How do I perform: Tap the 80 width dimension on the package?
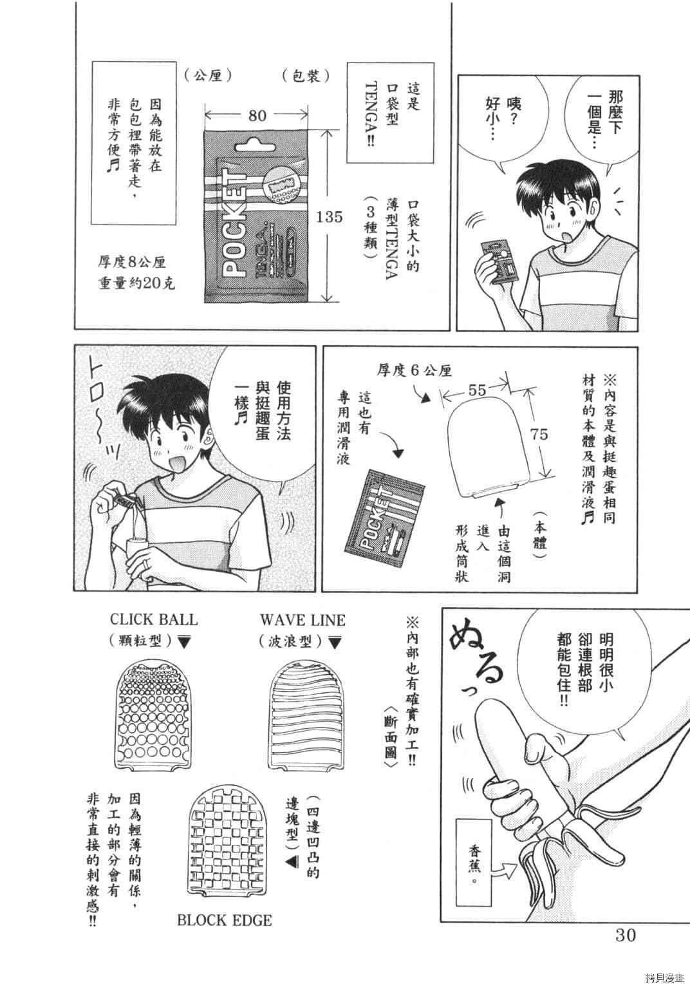(257, 115)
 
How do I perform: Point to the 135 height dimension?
(330, 216)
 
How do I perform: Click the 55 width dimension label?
(477, 390)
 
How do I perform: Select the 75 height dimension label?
(539, 435)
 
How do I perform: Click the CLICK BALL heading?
(154, 620)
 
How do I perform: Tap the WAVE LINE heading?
(303, 620)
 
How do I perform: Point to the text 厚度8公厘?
(131, 262)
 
